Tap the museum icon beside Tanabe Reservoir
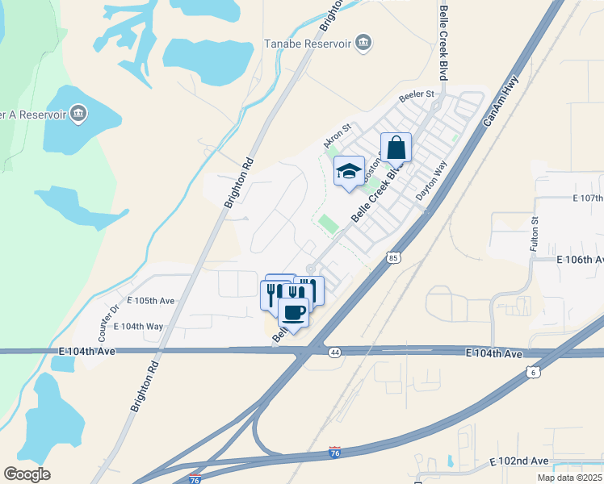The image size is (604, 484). [363, 42]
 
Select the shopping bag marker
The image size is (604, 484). [396, 148]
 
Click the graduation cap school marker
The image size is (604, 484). [349, 171]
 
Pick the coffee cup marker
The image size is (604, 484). [294, 312]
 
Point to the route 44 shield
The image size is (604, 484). [334, 352]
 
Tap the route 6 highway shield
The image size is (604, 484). [532, 371]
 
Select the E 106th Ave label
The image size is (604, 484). [579, 260]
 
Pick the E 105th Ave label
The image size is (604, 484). [150, 301]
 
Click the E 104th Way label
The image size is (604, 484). [138, 326]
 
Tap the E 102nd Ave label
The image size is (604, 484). [519, 461]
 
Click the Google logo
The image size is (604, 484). [27, 474]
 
